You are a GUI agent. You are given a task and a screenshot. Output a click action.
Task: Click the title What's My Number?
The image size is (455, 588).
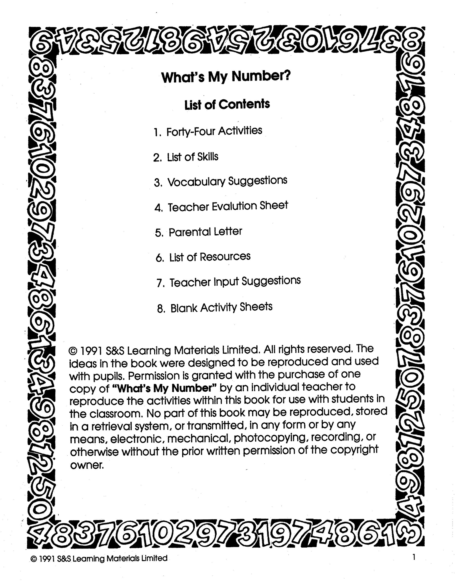226,77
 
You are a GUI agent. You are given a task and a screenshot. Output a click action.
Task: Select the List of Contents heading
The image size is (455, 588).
227,105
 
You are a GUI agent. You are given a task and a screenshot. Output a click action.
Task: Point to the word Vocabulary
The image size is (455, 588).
196,182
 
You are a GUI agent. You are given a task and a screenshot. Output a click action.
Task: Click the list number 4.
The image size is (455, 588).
158,208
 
